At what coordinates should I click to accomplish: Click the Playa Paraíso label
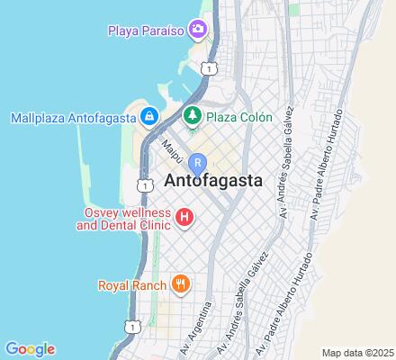pyautogui.click(x=146, y=31)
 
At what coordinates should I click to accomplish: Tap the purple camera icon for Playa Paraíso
pyautogui.click(x=197, y=30)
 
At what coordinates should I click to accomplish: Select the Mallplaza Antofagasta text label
pyautogui.click(x=72, y=117)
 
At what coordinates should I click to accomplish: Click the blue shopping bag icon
pyautogui.click(x=149, y=117)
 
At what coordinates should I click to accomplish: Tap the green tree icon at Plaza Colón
pyautogui.click(x=192, y=117)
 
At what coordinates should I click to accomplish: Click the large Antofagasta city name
pyautogui.click(x=213, y=180)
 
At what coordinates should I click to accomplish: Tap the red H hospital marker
pyautogui.click(x=184, y=217)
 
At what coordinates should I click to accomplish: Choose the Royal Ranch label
pyautogui.click(x=132, y=286)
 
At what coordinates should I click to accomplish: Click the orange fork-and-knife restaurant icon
pyautogui.click(x=181, y=285)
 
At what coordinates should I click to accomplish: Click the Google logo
pyautogui.click(x=30, y=349)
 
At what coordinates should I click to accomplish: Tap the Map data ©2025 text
pyautogui.click(x=358, y=352)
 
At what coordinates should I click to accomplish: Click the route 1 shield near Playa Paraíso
pyautogui.click(x=209, y=68)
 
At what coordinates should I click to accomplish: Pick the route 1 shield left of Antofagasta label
pyautogui.click(x=143, y=184)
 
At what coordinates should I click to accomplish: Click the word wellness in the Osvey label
pyautogui.click(x=145, y=211)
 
